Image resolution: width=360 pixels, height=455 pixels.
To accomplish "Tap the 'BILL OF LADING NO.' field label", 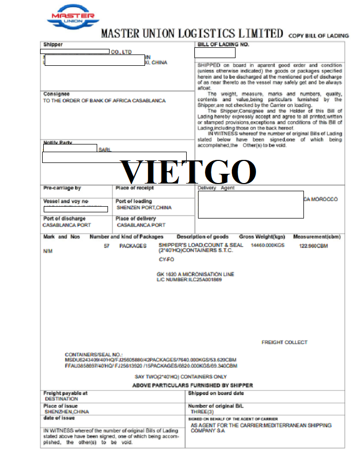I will pyautogui.click(x=223, y=45).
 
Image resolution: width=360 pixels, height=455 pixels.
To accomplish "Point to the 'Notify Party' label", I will pyautogui.click(x=58, y=142).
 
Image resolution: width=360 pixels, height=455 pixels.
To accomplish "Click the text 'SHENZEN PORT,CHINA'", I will pyautogui.click(x=144, y=208).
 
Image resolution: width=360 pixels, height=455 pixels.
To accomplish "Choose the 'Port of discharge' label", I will pyautogui.click(x=64, y=219).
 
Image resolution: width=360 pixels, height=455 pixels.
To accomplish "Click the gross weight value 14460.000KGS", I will pyautogui.click(x=267, y=246).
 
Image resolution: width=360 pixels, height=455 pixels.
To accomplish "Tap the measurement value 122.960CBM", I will pyautogui.click(x=313, y=246).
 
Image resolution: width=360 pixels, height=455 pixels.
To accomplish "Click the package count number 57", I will pyautogui.click(x=107, y=246).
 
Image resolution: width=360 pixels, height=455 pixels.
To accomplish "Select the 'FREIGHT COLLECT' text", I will pyautogui.click(x=284, y=342).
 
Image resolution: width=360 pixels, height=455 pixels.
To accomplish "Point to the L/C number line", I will pyautogui.click(x=189, y=280).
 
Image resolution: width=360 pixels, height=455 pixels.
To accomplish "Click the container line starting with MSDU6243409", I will pyautogui.click(x=151, y=360).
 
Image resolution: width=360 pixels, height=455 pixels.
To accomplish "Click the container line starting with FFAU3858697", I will pyautogui.click(x=151, y=366).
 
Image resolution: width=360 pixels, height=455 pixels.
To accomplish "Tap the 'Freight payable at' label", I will pyautogui.click(x=65, y=393).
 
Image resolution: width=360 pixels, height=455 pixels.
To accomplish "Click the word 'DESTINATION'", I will pyautogui.click(x=61, y=399).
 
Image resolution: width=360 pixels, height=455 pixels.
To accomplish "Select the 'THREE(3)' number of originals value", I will pyautogui.click(x=202, y=412).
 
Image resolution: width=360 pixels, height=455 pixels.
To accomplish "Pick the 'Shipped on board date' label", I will pyautogui.click(x=216, y=393).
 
